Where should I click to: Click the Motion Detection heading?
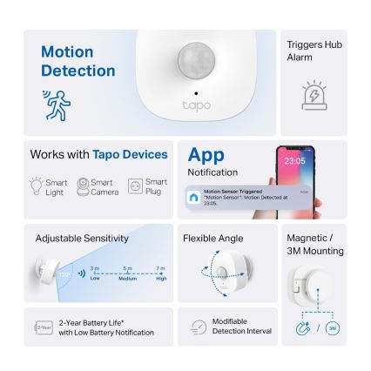pos(78,61)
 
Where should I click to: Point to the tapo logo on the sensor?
pos(196,105)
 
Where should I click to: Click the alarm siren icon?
pos(314,97)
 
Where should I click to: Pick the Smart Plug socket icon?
pos(135,186)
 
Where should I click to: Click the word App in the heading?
pos(206,155)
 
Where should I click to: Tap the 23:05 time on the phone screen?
pos(293,161)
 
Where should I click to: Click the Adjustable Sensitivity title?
pos(82,238)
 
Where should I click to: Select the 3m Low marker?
pos(95,272)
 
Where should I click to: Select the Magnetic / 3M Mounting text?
pos(307,242)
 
